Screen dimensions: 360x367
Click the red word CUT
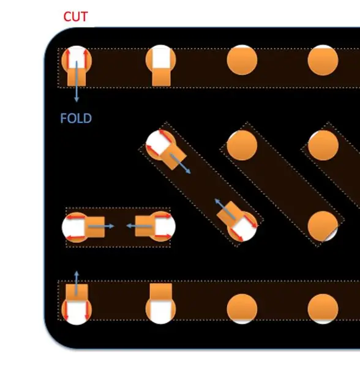tap(76, 17)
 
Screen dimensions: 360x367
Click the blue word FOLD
tap(76, 118)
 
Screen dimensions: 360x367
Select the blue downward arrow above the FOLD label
tap(77, 81)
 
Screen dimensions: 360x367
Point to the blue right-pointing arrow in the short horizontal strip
tap(101, 226)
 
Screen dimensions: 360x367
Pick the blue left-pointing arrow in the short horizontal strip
tap(139, 226)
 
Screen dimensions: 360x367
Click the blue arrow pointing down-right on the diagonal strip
tap(181, 164)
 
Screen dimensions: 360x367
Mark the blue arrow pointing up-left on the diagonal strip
tap(225, 209)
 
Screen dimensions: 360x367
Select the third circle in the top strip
tap(242, 60)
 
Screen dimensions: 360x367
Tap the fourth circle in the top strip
tap(323, 60)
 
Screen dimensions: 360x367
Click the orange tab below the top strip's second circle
tap(161, 77)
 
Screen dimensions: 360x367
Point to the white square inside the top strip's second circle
tap(161, 57)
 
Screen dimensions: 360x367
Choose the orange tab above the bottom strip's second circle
tap(160, 292)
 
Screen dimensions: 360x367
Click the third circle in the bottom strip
tap(242, 309)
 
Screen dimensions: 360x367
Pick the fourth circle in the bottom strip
tap(323, 309)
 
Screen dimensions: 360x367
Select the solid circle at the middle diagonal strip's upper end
tap(242, 145)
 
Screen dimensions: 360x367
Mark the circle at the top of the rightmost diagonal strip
tap(323, 145)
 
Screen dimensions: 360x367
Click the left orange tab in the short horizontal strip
tap(95, 227)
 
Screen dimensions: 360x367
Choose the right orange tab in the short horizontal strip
tap(145, 226)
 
